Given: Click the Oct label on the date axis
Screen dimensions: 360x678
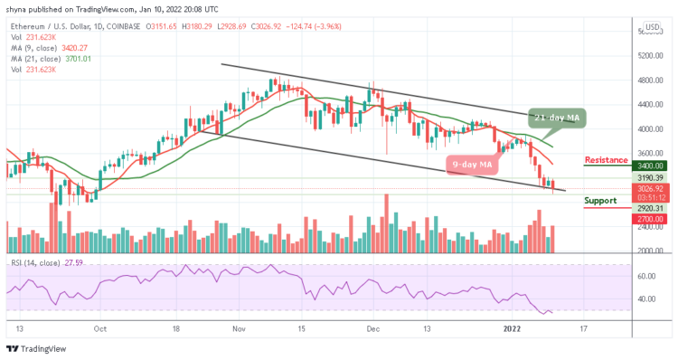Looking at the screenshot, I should pos(100,330).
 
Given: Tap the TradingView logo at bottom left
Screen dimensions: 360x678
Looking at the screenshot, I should pos(36,350).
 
